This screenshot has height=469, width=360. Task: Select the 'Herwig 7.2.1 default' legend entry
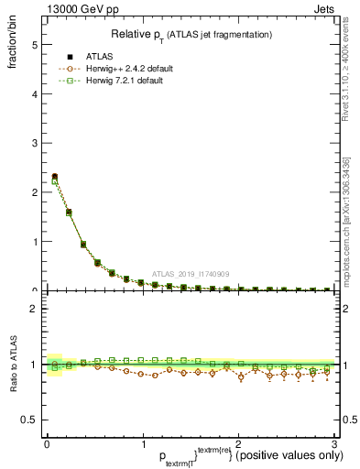point(125,81)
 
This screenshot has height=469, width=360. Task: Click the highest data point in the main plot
point(55,177)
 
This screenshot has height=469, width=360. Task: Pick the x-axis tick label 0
point(46,444)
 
